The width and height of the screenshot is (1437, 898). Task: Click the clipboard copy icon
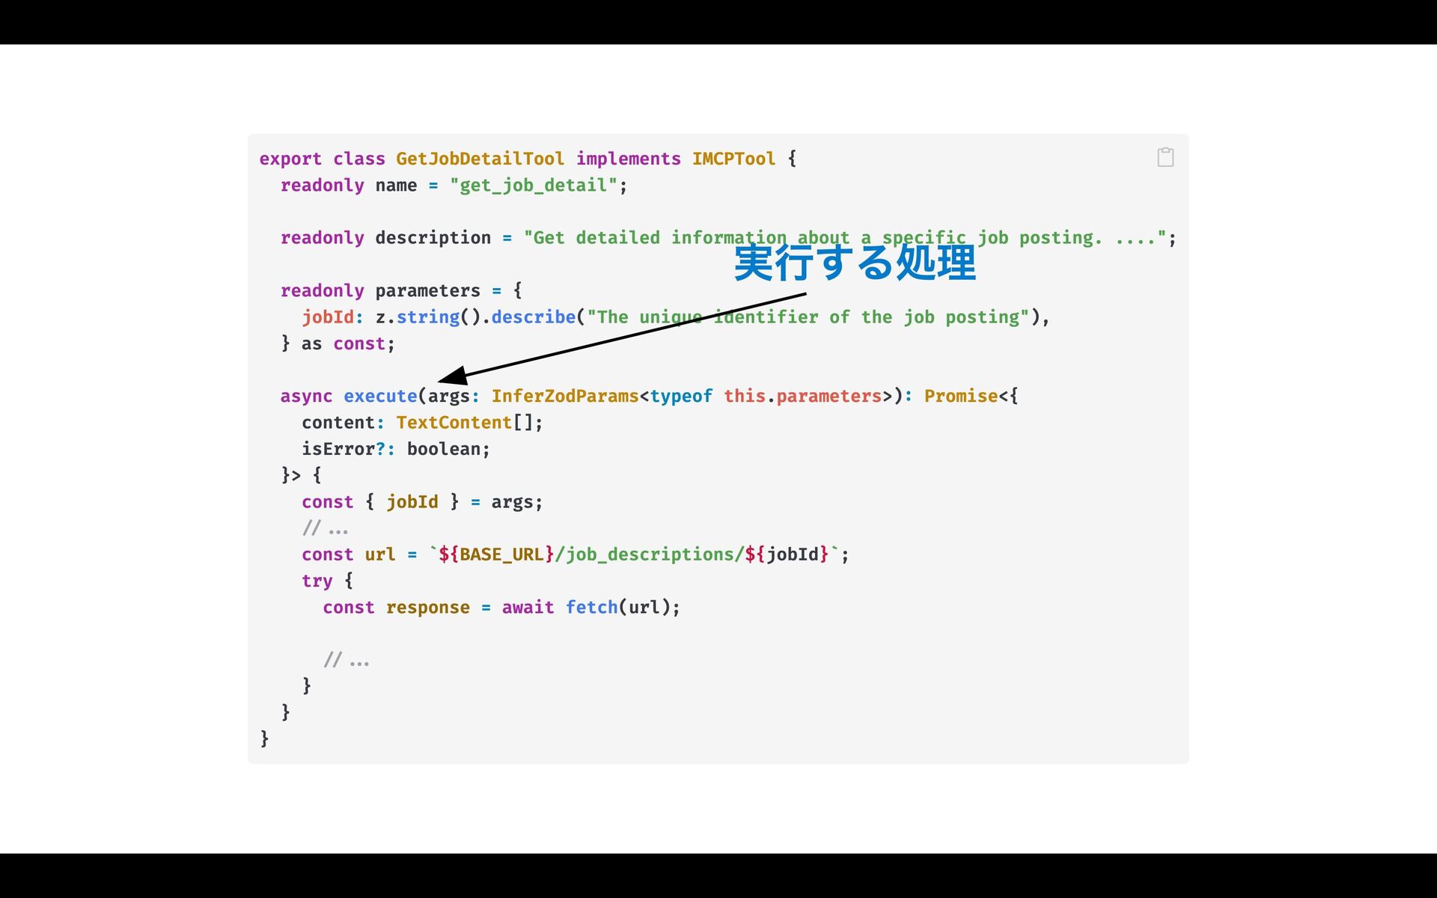[x=1165, y=157]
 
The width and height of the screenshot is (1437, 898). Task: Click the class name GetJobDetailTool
[x=480, y=159]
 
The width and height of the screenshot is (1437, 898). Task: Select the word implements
[x=628, y=159]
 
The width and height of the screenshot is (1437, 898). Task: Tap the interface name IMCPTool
[x=733, y=159]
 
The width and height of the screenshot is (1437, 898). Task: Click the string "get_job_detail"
[x=533, y=186]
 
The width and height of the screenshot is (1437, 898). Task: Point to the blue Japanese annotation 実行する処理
[x=855, y=263]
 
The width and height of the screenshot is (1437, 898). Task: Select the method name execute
[x=380, y=397]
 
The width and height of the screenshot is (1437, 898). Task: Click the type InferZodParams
[x=564, y=397]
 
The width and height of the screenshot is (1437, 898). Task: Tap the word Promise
[x=960, y=397]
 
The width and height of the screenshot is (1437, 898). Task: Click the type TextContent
[x=454, y=423]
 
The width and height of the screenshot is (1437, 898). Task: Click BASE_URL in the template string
[x=501, y=555]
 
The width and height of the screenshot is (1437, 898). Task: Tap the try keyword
[x=317, y=581]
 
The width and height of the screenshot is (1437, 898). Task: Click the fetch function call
[x=591, y=608]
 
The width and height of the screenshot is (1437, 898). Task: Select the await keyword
[x=528, y=608]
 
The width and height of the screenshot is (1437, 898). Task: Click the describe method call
[x=533, y=317]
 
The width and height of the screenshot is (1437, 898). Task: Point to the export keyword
[x=290, y=159]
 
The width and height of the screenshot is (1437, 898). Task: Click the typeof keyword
[x=680, y=397]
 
